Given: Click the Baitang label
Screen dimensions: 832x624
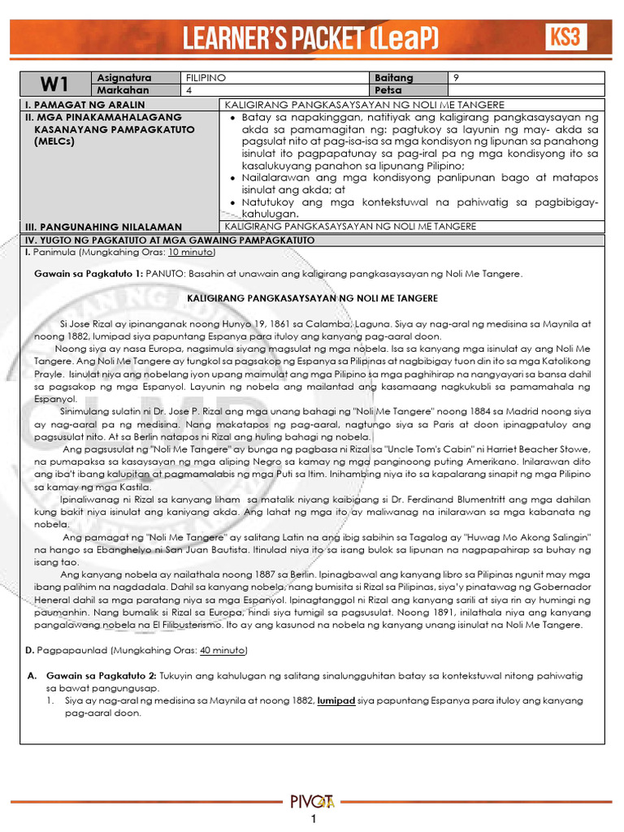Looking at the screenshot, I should click(394, 77).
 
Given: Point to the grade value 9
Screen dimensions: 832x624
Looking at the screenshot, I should click(456, 77).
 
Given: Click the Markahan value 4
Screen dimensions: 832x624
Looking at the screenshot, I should click(188, 90).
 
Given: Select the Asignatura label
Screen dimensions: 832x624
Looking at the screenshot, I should click(124, 77).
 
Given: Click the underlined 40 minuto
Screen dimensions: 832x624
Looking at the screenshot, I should click(223, 651).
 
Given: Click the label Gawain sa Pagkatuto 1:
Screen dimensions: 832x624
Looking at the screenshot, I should click(89, 274).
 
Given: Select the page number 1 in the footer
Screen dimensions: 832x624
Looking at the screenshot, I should click(312, 822).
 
